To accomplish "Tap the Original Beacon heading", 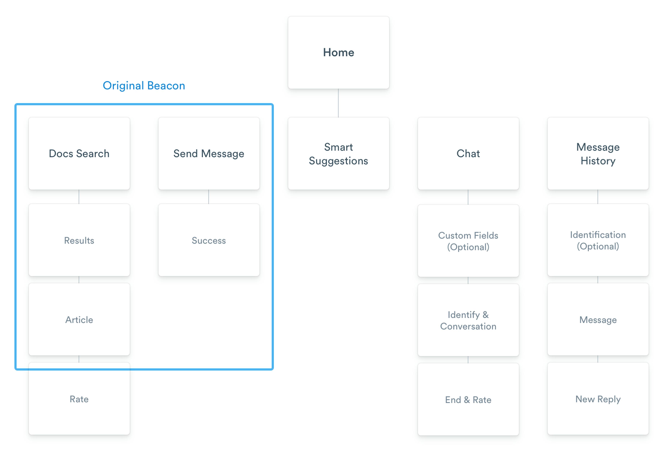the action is coord(144,86).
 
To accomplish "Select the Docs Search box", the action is coord(79,154).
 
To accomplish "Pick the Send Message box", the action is coord(209,154).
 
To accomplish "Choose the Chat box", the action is coord(468,154).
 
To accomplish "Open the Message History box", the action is coord(598,154).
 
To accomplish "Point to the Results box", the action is coord(79,240).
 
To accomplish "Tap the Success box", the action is coord(209,240).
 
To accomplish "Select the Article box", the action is coord(79,319).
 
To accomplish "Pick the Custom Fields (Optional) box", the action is coord(468,241).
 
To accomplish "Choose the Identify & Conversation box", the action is coord(468,320).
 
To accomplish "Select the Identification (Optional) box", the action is coord(598,240).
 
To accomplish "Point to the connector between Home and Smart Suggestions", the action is coord(338,103).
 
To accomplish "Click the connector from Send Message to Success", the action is coord(209,197).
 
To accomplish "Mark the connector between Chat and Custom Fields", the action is coord(468,197).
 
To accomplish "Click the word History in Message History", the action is coord(598,161).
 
